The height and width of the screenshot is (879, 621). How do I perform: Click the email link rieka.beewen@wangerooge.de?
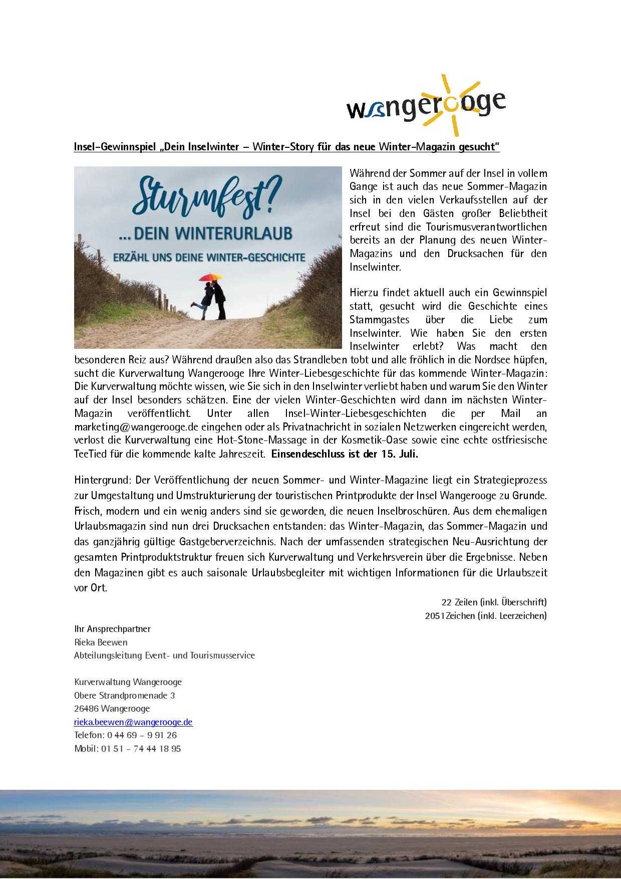[x=133, y=722]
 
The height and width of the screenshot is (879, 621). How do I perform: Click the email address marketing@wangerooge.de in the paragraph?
[x=130, y=427]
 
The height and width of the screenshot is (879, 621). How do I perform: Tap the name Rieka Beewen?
[x=101, y=642]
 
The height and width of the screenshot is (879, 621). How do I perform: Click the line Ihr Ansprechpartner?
[x=112, y=629]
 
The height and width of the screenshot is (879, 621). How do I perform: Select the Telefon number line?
[x=125, y=735]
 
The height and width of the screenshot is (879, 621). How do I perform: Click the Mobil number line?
[x=127, y=749]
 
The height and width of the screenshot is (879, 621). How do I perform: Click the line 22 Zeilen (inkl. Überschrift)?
[x=494, y=602]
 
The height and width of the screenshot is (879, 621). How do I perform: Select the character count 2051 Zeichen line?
[x=486, y=615]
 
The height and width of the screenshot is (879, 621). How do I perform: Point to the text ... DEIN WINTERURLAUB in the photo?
[x=208, y=235]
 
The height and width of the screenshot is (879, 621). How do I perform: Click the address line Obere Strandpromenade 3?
[x=124, y=696]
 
